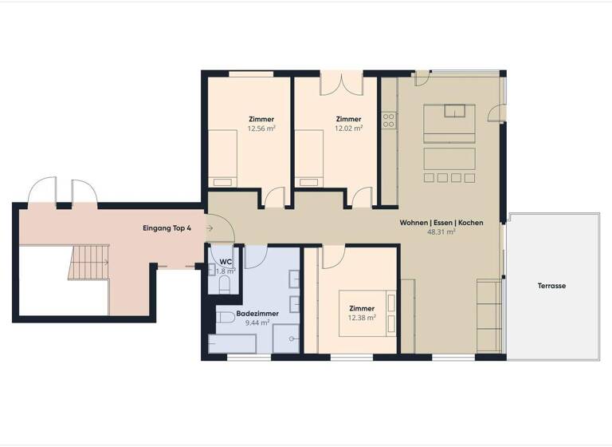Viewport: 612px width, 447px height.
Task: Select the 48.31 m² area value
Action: pyautogui.click(x=441, y=232)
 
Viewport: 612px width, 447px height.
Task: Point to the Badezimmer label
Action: pyautogui.click(x=257, y=314)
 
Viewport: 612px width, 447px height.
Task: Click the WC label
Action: pyautogui.click(x=226, y=262)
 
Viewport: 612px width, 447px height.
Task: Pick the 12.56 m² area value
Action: pyautogui.click(x=261, y=128)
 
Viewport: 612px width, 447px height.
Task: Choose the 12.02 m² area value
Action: pyautogui.click(x=348, y=128)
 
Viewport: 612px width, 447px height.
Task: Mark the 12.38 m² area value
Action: pyautogui.click(x=361, y=318)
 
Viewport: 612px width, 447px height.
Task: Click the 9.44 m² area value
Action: pyautogui.click(x=257, y=324)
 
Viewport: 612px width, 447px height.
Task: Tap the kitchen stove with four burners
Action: pyautogui.click(x=389, y=121)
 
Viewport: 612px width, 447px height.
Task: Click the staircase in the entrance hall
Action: pyautogui.click(x=88, y=262)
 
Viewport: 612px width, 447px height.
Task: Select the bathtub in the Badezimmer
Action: pyautogui.click(x=232, y=344)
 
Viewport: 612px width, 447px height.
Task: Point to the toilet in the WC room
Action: pyautogui.click(x=223, y=285)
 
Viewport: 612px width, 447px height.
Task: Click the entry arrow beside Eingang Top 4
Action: pyautogui.click(x=208, y=229)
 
